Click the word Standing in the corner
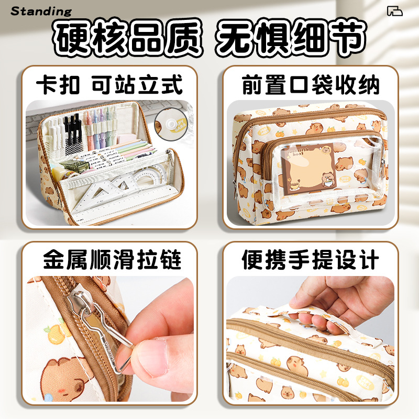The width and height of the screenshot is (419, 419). (x=41, y=11)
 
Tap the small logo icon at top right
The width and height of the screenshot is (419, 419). (x=396, y=11)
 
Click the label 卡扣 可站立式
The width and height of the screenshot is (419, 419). (x=110, y=84)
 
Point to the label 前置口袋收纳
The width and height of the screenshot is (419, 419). (x=311, y=84)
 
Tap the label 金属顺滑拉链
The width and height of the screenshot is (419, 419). (x=110, y=260)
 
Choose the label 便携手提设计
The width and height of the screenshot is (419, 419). (x=311, y=260)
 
